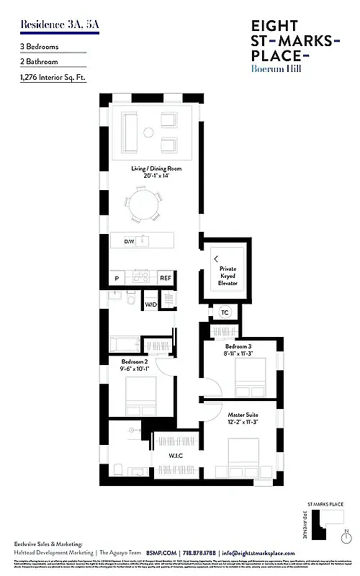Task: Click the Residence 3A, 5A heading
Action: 50,24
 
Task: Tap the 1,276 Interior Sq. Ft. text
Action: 53,77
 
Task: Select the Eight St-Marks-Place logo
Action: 290,48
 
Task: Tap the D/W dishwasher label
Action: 130,242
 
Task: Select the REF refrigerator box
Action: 166,277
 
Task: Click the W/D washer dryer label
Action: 151,305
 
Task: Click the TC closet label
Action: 225,312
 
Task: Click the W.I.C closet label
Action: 176,456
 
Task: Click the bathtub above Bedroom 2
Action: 124,344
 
